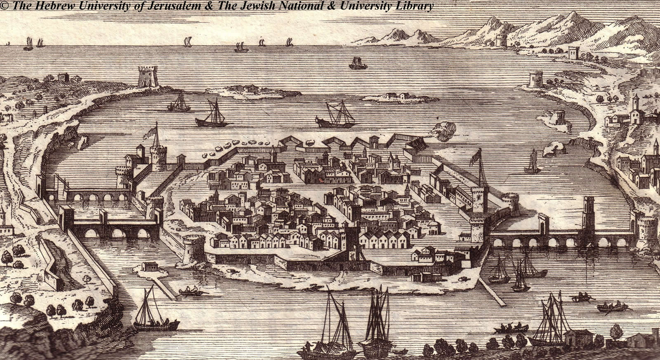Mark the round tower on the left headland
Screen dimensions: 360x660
click(x=148, y=77)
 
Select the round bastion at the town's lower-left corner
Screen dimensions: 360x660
click(x=193, y=247)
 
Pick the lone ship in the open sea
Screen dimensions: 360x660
click(x=358, y=63)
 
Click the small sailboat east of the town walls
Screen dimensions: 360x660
click(x=533, y=162)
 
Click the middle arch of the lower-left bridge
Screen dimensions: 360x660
click(x=119, y=233)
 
